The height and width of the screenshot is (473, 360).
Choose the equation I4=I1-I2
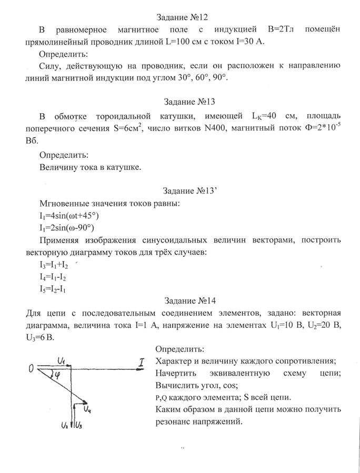pos(52,277)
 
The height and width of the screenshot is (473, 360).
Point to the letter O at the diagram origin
pos(32,369)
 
